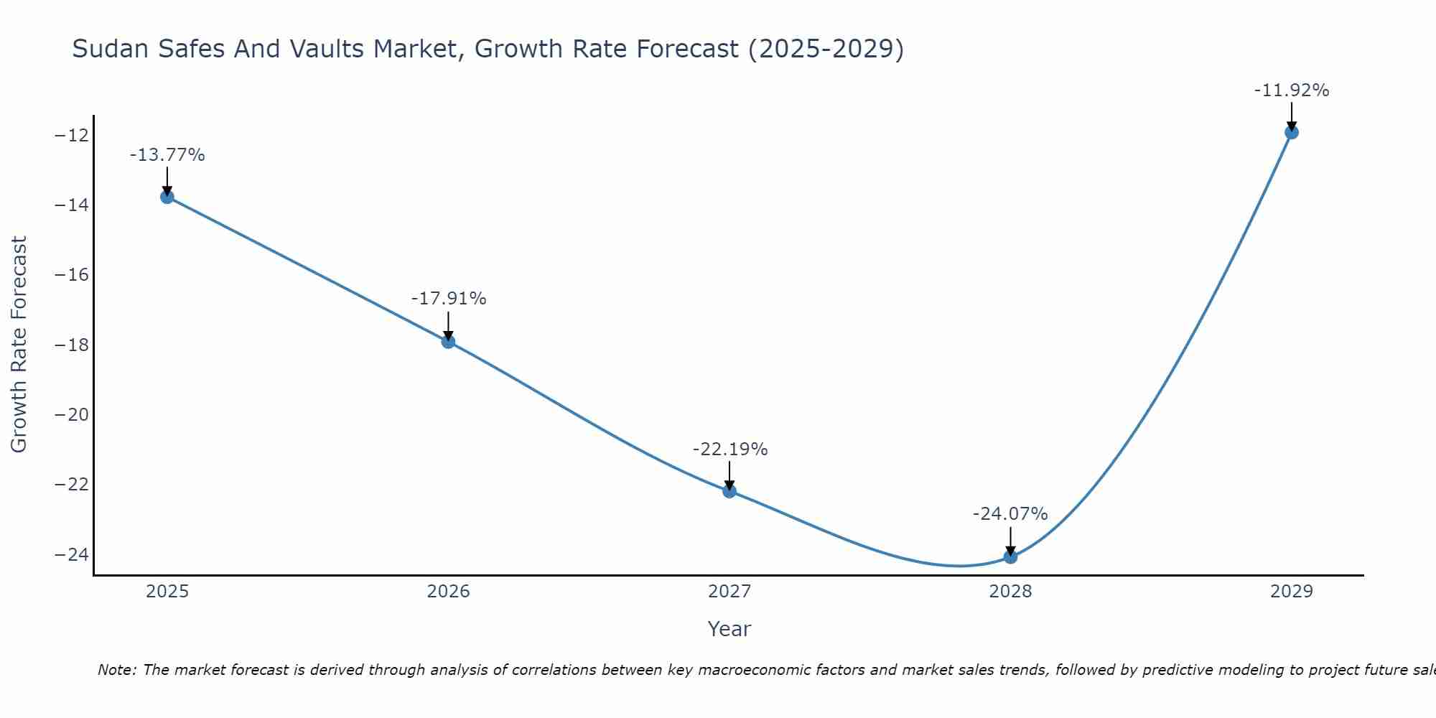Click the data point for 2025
[167, 197]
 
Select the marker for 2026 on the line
[448, 342]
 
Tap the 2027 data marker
[729, 491]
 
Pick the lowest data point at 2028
[1010, 556]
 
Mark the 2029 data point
[1291, 132]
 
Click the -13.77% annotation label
[167, 155]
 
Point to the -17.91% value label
[449, 299]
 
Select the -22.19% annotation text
[730, 449]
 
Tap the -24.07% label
[1010, 514]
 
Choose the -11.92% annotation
[1291, 90]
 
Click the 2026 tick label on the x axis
[448, 592]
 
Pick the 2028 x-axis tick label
[1010, 592]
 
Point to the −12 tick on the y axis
[71, 136]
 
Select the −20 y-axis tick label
[71, 415]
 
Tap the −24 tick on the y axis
[71, 554]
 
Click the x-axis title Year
[729, 629]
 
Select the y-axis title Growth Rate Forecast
[19, 345]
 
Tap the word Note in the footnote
[116, 670]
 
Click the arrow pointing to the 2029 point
[1291, 116]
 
